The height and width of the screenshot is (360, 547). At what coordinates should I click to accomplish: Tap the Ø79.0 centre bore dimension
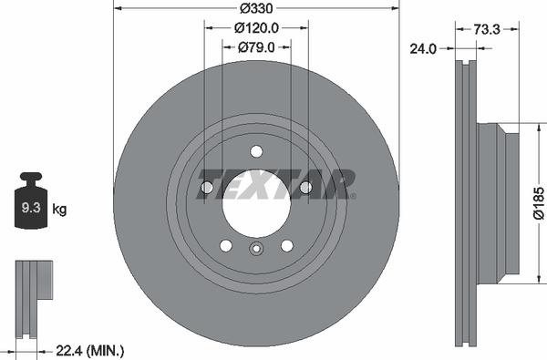tap(256, 47)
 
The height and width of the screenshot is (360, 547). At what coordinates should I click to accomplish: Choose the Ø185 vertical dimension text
tap(538, 204)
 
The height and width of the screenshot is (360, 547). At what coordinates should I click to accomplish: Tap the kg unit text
tap(60, 210)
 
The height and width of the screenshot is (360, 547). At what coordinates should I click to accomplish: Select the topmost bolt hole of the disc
tap(256, 151)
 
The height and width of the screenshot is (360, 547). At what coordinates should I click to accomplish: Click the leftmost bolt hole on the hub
tap(206, 188)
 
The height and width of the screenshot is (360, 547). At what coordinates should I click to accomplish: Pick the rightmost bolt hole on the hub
tap(306, 188)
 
